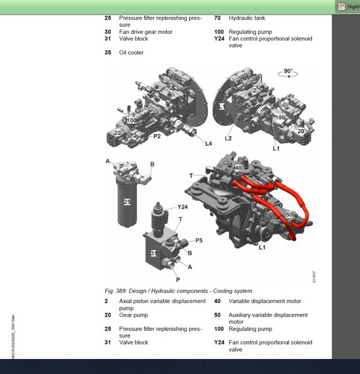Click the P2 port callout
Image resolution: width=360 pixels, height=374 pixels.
(157, 136)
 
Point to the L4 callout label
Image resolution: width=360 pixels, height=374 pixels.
(208, 143)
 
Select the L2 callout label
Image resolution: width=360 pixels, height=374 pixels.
(228, 138)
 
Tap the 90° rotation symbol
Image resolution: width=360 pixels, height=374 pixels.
(288, 73)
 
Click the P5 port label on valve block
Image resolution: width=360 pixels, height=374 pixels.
(199, 241)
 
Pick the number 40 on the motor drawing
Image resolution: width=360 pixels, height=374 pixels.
(238, 168)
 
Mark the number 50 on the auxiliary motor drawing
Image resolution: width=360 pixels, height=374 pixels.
(290, 214)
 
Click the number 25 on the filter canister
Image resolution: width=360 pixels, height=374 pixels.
(127, 202)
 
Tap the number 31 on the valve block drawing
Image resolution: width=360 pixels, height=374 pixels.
(153, 253)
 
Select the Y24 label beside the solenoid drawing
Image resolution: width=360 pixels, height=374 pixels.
(183, 207)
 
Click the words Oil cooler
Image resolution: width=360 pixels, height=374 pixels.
(131, 53)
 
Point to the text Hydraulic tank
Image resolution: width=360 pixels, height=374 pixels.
(247, 18)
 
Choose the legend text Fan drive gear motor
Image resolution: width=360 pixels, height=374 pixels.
(145, 32)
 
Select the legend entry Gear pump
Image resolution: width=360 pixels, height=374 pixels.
(133, 315)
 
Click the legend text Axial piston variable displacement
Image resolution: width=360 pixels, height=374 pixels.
(162, 301)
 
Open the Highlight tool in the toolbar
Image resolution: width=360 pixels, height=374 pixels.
(347, 7)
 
